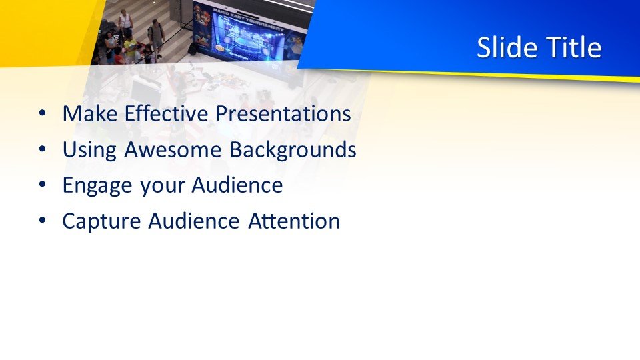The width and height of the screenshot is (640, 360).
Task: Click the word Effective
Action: click(166, 113)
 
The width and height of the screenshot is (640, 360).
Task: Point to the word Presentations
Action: click(283, 113)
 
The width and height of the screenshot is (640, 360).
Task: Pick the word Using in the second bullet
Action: click(89, 150)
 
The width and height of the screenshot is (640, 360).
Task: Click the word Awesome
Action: click(173, 149)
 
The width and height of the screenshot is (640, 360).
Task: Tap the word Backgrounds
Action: click(293, 150)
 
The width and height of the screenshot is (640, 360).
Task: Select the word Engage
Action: click(97, 186)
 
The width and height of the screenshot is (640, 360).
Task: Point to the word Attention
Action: click(294, 221)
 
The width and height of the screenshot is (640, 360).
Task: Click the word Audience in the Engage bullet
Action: click(237, 185)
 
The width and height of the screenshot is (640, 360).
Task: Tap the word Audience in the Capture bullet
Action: click(194, 221)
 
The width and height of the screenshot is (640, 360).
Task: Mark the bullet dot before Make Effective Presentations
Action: click(43, 113)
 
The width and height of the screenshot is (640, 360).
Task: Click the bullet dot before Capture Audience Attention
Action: click(43, 221)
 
